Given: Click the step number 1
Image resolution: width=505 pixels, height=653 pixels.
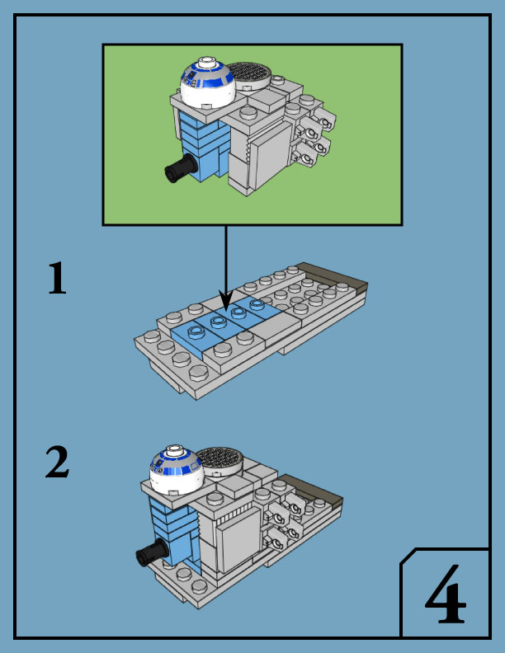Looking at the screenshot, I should pos(56,280).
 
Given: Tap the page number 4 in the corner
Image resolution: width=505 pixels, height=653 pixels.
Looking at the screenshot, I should pos(445,596).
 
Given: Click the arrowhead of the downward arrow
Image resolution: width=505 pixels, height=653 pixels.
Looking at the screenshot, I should pos(225,301).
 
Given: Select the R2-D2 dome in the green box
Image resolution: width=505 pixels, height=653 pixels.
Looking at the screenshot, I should pos(208,84).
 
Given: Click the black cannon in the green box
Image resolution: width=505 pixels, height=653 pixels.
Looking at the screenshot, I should pos(179,170).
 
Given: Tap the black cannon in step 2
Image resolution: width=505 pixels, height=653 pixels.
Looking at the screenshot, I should pos(150,555).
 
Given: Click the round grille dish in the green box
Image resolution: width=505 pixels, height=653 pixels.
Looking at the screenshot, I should pos(248,76).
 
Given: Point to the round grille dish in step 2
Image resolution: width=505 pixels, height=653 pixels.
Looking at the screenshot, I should pos(218,459).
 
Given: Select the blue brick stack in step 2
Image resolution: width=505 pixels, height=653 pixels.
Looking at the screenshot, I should pos(175,530).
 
